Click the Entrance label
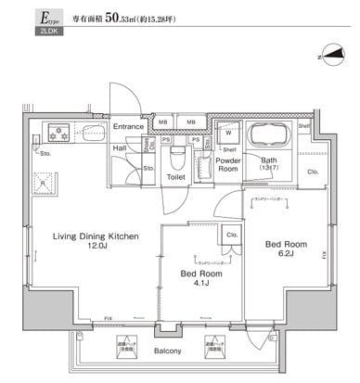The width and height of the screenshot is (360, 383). pyautogui.click(x=128, y=126)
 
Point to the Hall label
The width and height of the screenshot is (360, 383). pyautogui.click(x=120, y=147)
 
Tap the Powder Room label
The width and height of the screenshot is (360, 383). pyautogui.click(x=227, y=164)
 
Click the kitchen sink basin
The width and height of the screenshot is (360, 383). pyautogui.click(x=90, y=131)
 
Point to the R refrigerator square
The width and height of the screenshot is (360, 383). pyautogui.click(x=40, y=180)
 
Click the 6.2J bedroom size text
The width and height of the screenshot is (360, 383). pyautogui.click(x=285, y=254)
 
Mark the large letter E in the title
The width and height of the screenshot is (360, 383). pyautogui.click(x=17, y=17)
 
